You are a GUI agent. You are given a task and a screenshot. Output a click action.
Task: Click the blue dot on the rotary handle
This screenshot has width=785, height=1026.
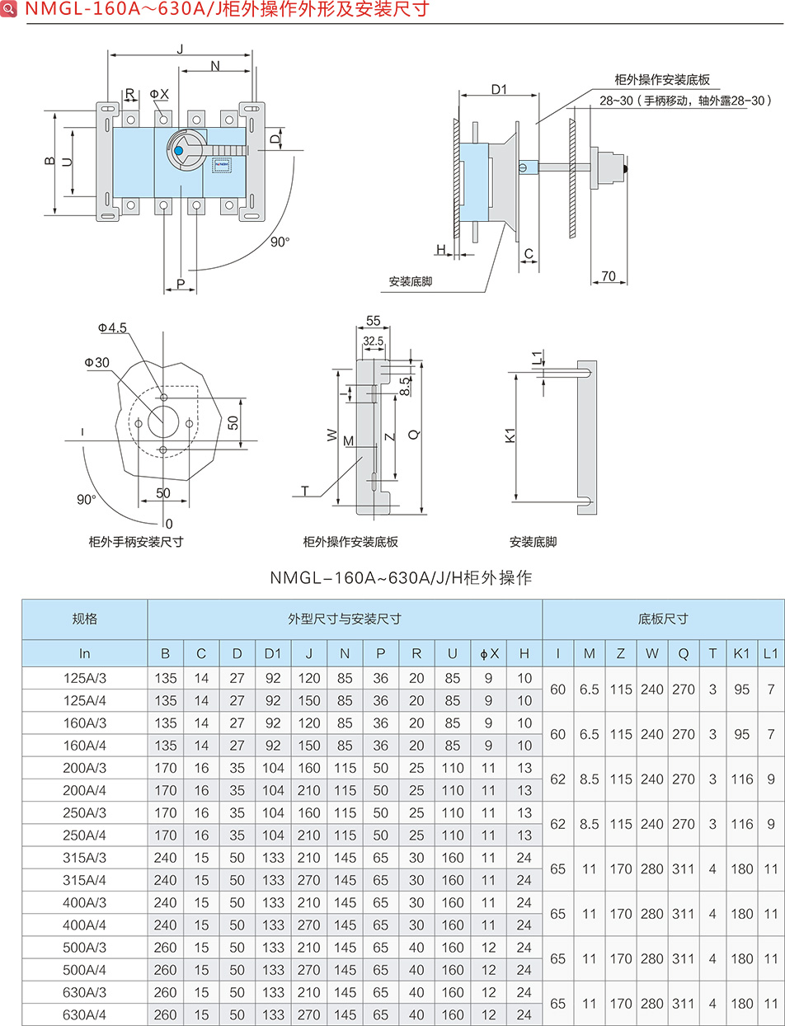[x=178, y=151]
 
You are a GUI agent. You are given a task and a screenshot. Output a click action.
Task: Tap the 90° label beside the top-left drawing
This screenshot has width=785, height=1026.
[x=280, y=242]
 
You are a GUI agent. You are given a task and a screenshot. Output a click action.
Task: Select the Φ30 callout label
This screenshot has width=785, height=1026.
[x=96, y=363]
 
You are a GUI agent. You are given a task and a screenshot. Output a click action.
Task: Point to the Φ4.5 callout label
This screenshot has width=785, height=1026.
[x=112, y=328]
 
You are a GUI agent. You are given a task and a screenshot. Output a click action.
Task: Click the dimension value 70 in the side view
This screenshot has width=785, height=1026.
[x=609, y=276]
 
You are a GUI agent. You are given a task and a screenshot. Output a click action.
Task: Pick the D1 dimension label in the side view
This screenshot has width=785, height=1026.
[x=498, y=89]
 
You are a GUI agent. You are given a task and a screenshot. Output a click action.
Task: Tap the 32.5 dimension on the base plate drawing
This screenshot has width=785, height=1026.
[x=373, y=341]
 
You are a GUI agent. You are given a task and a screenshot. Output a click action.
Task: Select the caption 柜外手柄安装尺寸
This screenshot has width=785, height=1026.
[x=136, y=542]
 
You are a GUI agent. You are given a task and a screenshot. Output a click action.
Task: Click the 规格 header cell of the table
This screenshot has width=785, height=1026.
[x=85, y=619]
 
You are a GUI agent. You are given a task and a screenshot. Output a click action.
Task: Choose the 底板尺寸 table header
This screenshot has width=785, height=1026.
[x=663, y=619]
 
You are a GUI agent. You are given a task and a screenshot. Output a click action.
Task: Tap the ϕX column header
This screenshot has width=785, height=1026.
[x=489, y=654]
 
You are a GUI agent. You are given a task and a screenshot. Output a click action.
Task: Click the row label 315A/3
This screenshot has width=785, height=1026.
[x=85, y=858]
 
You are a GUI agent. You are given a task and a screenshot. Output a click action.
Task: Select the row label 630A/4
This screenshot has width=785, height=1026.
[x=85, y=1015]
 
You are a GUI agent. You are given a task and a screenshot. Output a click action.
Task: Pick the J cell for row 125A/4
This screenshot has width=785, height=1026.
[x=308, y=701]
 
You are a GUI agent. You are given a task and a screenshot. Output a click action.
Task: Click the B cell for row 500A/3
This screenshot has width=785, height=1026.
[x=166, y=948]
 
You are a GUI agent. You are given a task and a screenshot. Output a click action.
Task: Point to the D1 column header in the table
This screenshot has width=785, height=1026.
[x=273, y=654]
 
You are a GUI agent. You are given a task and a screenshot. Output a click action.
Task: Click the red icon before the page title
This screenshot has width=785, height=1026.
[x=10, y=11]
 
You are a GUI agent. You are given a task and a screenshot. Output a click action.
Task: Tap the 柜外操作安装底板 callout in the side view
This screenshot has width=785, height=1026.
[x=663, y=80]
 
